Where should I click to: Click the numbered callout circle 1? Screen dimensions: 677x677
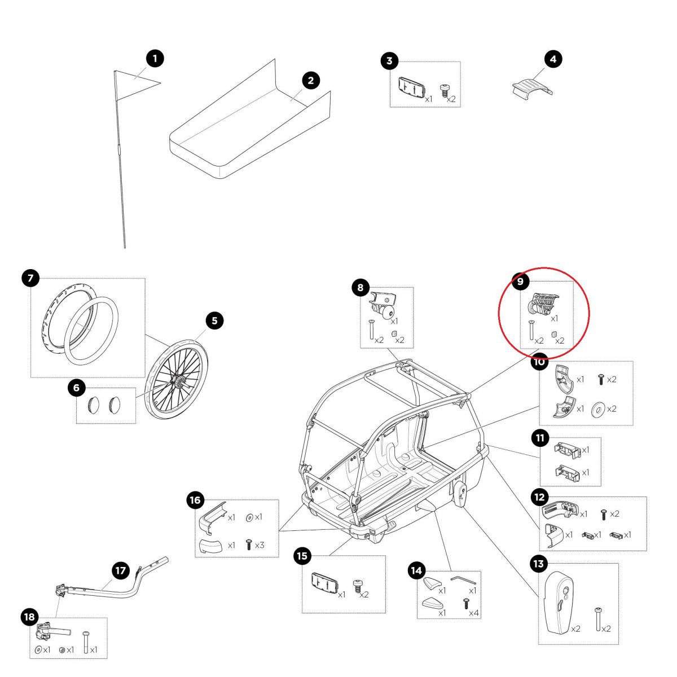coord(155,58)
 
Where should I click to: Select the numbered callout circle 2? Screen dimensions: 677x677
coord(310,80)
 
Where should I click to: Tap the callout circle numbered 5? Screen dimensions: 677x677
coord(214,321)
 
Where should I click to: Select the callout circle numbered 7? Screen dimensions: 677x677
coord(30,278)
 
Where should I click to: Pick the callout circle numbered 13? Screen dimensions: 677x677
coord(538,564)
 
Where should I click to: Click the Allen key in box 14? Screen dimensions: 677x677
coord(463,579)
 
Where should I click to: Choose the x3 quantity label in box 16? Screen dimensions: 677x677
coord(260,546)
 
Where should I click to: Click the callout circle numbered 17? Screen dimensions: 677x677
coord(120,570)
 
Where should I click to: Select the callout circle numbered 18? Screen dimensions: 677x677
coord(29,617)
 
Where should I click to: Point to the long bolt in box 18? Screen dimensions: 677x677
coord(86,643)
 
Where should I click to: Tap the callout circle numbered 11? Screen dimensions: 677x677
coord(540,437)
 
